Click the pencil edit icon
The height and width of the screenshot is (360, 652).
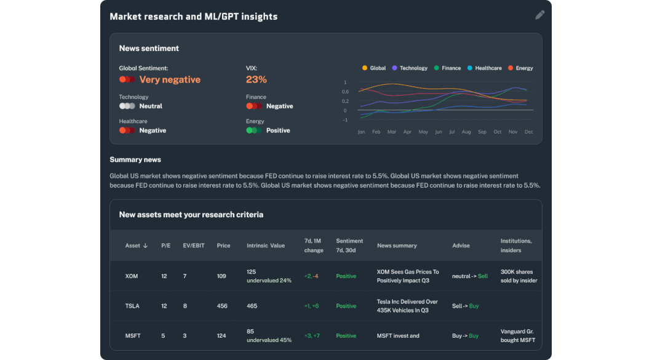coord(539,15)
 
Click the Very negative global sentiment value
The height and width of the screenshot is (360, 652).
coord(170,79)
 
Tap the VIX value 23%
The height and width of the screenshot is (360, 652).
coord(256,79)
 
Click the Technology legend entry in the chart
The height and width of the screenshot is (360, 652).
coord(410,68)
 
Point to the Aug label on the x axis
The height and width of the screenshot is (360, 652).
coord(466,132)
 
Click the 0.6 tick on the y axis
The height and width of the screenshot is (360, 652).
coord(345,92)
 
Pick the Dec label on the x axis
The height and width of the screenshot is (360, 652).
coord(528,132)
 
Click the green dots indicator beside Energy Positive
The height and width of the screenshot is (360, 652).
coord(253,130)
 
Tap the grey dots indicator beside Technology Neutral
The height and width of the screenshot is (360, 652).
coord(127,106)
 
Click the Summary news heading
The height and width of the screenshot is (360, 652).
coord(135,159)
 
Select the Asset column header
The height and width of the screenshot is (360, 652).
coord(136,246)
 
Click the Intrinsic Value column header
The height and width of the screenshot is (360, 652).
coord(266,246)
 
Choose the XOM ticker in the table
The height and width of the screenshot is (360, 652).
coord(132,276)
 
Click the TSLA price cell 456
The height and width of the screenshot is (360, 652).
coord(222,306)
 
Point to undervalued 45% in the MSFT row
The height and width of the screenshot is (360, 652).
coord(269,340)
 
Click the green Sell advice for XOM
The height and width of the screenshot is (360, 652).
coord(483,276)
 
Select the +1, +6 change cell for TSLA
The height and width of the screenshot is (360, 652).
coord(311,306)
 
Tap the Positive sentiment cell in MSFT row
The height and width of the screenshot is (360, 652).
coord(346,336)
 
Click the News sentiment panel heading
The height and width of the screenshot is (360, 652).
coord(149,48)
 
